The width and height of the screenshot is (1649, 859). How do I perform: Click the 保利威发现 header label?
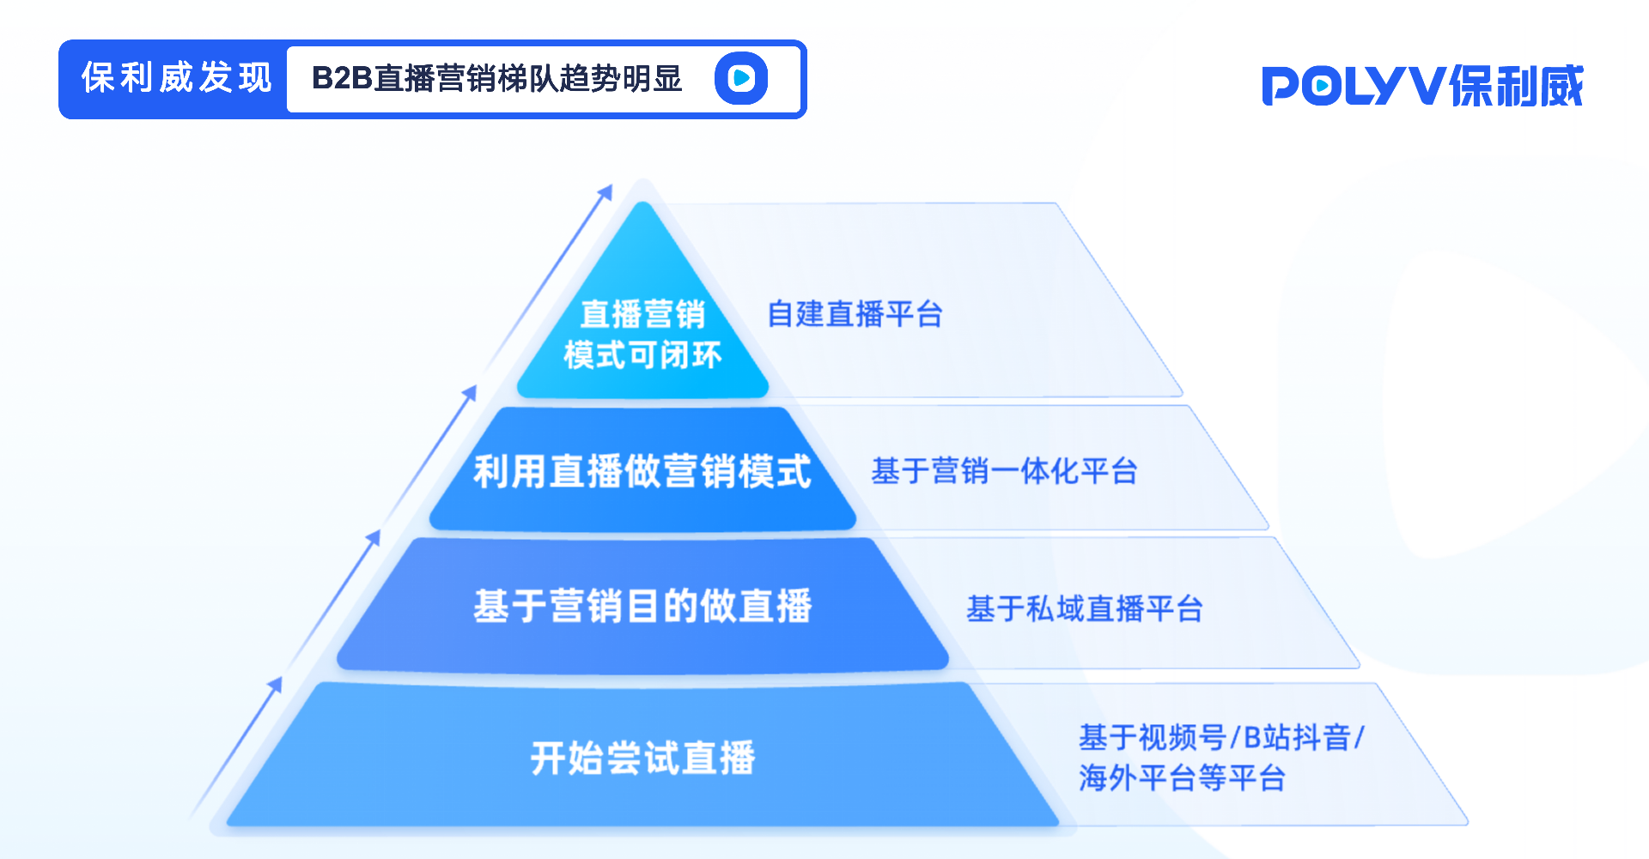[x=176, y=78]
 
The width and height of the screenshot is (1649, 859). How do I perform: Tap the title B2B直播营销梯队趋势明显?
[x=496, y=78]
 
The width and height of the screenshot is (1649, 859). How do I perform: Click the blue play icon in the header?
[x=741, y=78]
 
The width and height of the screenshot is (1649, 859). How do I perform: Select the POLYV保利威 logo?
[x=1422, y=86]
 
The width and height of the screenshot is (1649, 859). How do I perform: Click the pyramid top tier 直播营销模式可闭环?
[x=642, y=335]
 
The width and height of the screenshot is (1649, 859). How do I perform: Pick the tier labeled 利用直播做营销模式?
[x=642, y=471]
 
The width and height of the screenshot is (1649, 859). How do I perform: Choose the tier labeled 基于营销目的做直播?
[x=642, y=606]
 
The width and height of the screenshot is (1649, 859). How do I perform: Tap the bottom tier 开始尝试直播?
[x=642, y=758]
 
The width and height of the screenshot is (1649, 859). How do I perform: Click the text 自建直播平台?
[x=855, y=314]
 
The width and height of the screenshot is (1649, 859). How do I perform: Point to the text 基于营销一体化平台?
[x=1004, y=471]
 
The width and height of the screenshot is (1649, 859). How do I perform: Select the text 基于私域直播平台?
[x=1084, y=608]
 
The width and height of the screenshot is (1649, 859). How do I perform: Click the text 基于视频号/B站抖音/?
[x=1220, y=737]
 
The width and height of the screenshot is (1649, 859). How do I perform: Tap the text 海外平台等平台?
[x=1182, y=778]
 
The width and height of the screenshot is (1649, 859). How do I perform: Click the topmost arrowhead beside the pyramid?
[x=606, y=191]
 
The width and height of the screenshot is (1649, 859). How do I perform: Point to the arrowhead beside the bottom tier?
[x=276, y=683]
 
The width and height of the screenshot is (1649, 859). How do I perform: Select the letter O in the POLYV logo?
[x=1323, y=87]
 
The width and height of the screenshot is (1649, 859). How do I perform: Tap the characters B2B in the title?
[x=341, y=78]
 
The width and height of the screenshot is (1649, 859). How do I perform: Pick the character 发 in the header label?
[x=216, y=78]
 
